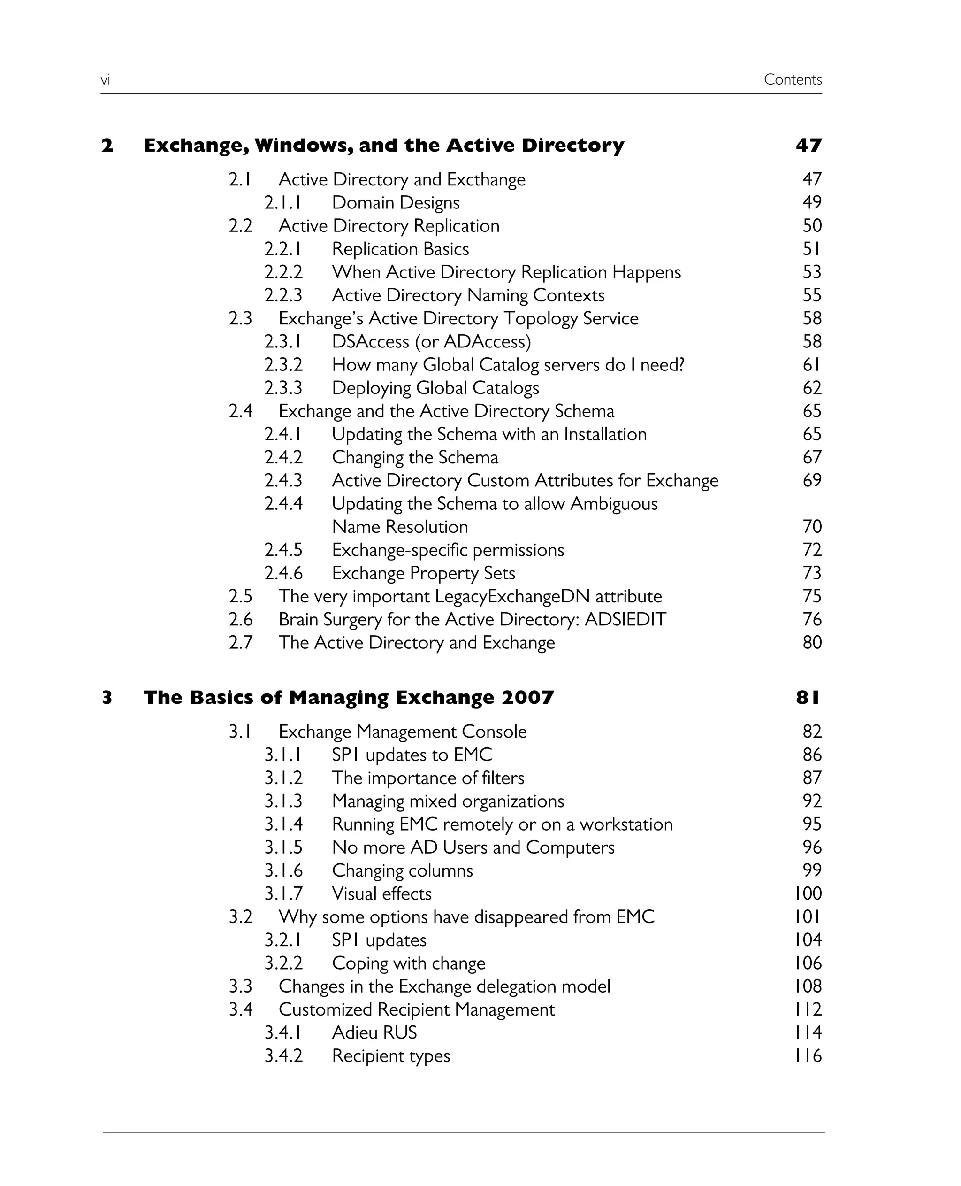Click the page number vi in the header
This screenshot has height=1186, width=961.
[x=105, y=80]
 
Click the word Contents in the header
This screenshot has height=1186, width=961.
[x=792, y=80]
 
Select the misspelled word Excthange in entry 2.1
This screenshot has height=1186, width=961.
[x=486, y=179]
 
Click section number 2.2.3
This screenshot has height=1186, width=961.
[x=283, y=295]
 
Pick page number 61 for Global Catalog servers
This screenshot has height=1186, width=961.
[x=811, y=365]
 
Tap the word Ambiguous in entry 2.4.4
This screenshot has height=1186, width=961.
[x=614, y=504]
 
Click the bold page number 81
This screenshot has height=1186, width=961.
[x=808, y=697]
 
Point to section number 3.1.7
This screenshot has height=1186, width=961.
[x=283, y=893]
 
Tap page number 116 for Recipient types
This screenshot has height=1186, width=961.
[x=808, y=1056]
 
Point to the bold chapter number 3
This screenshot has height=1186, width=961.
[x=107, y=697]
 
